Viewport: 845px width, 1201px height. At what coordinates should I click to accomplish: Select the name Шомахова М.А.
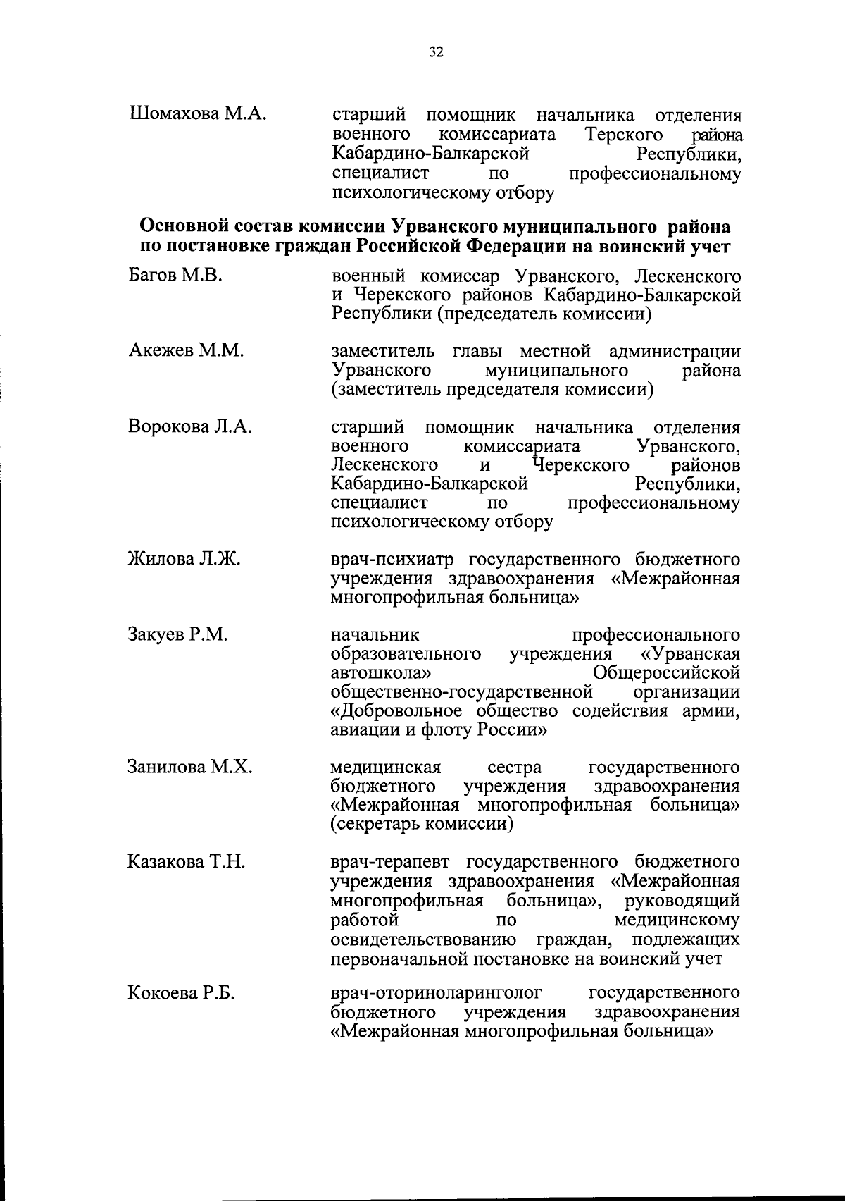pyautogui.click(x=198, y=114)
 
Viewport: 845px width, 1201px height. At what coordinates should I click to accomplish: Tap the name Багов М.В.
pyautogui.click(x=175, y=276)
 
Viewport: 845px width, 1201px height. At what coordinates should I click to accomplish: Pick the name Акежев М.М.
pyautogui.click(x=186, y=351)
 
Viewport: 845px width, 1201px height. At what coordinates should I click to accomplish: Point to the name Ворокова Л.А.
pyautogui.click(x=189, y=427)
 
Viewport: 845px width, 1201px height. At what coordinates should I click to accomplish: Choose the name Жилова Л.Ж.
pyautogui.click(x=184, y=560)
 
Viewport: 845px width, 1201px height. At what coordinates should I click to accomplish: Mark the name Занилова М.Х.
pyautogui.click(x=189, y=767)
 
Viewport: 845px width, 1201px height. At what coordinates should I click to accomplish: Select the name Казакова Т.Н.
pyautogui.click(x=186, y=861)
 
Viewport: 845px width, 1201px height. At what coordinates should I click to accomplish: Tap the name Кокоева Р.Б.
pyautogui.click(x=181, y=994)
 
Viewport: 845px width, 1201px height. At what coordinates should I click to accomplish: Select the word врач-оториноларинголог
pyautogui.click(x=437, y=994)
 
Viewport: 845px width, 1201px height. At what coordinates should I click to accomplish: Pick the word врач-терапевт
pyautogui.click(x=394, y=862)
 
